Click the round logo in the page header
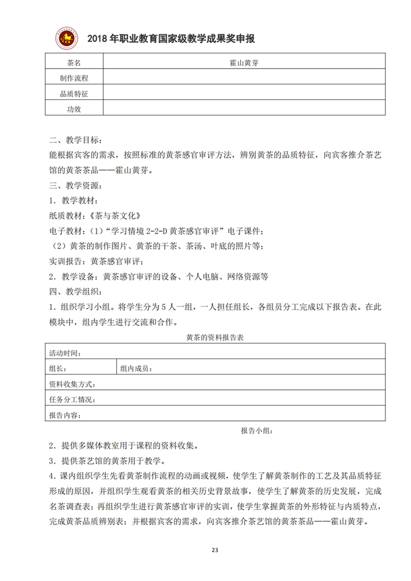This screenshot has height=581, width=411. click(67, 37)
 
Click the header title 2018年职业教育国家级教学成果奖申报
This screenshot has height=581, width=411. click(170, 39)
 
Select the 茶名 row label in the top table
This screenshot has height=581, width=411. click(74, 62)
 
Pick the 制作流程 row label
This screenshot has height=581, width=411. click(74, 77)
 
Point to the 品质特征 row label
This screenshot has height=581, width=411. click(74, 92)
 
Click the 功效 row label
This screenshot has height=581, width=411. click(74, 108)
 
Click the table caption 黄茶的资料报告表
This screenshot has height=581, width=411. click(215, 338)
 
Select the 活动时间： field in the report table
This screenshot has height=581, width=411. click(65, 352)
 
